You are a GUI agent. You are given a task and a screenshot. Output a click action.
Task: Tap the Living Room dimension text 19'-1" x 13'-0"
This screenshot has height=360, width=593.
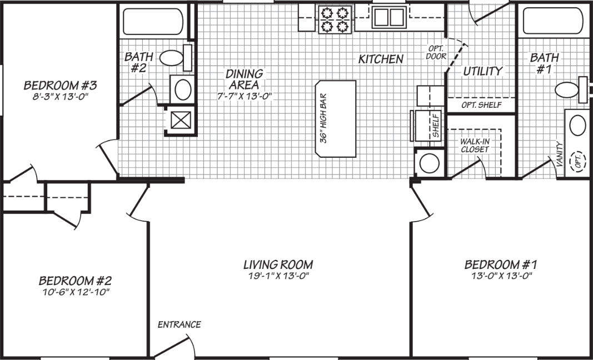click(278, 276)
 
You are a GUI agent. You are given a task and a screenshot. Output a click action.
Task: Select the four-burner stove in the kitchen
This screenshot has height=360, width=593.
click(335, 19)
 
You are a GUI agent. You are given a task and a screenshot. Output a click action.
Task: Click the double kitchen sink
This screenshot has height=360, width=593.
click(388, 17)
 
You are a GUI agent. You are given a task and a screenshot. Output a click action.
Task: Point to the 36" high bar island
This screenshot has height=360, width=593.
click(336, 119)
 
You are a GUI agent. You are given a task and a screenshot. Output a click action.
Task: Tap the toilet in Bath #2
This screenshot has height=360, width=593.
click(171, 57)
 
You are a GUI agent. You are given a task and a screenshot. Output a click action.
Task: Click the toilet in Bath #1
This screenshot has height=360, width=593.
click(568, 89)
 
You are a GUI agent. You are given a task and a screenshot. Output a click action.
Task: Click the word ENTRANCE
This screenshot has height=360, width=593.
click(180, 324)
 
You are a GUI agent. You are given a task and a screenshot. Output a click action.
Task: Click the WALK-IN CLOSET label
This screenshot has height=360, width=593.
click(474, 146)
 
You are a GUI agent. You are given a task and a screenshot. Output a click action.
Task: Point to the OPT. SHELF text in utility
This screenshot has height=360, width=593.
click(481, 105)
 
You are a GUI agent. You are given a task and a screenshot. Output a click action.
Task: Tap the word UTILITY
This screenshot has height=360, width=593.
click(482, 71)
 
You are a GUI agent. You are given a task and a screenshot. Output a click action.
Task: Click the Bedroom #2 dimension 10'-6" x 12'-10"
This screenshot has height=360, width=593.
click(74, 292)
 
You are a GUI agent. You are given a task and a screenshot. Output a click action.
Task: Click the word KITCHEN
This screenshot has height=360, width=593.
click(381, 59)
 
